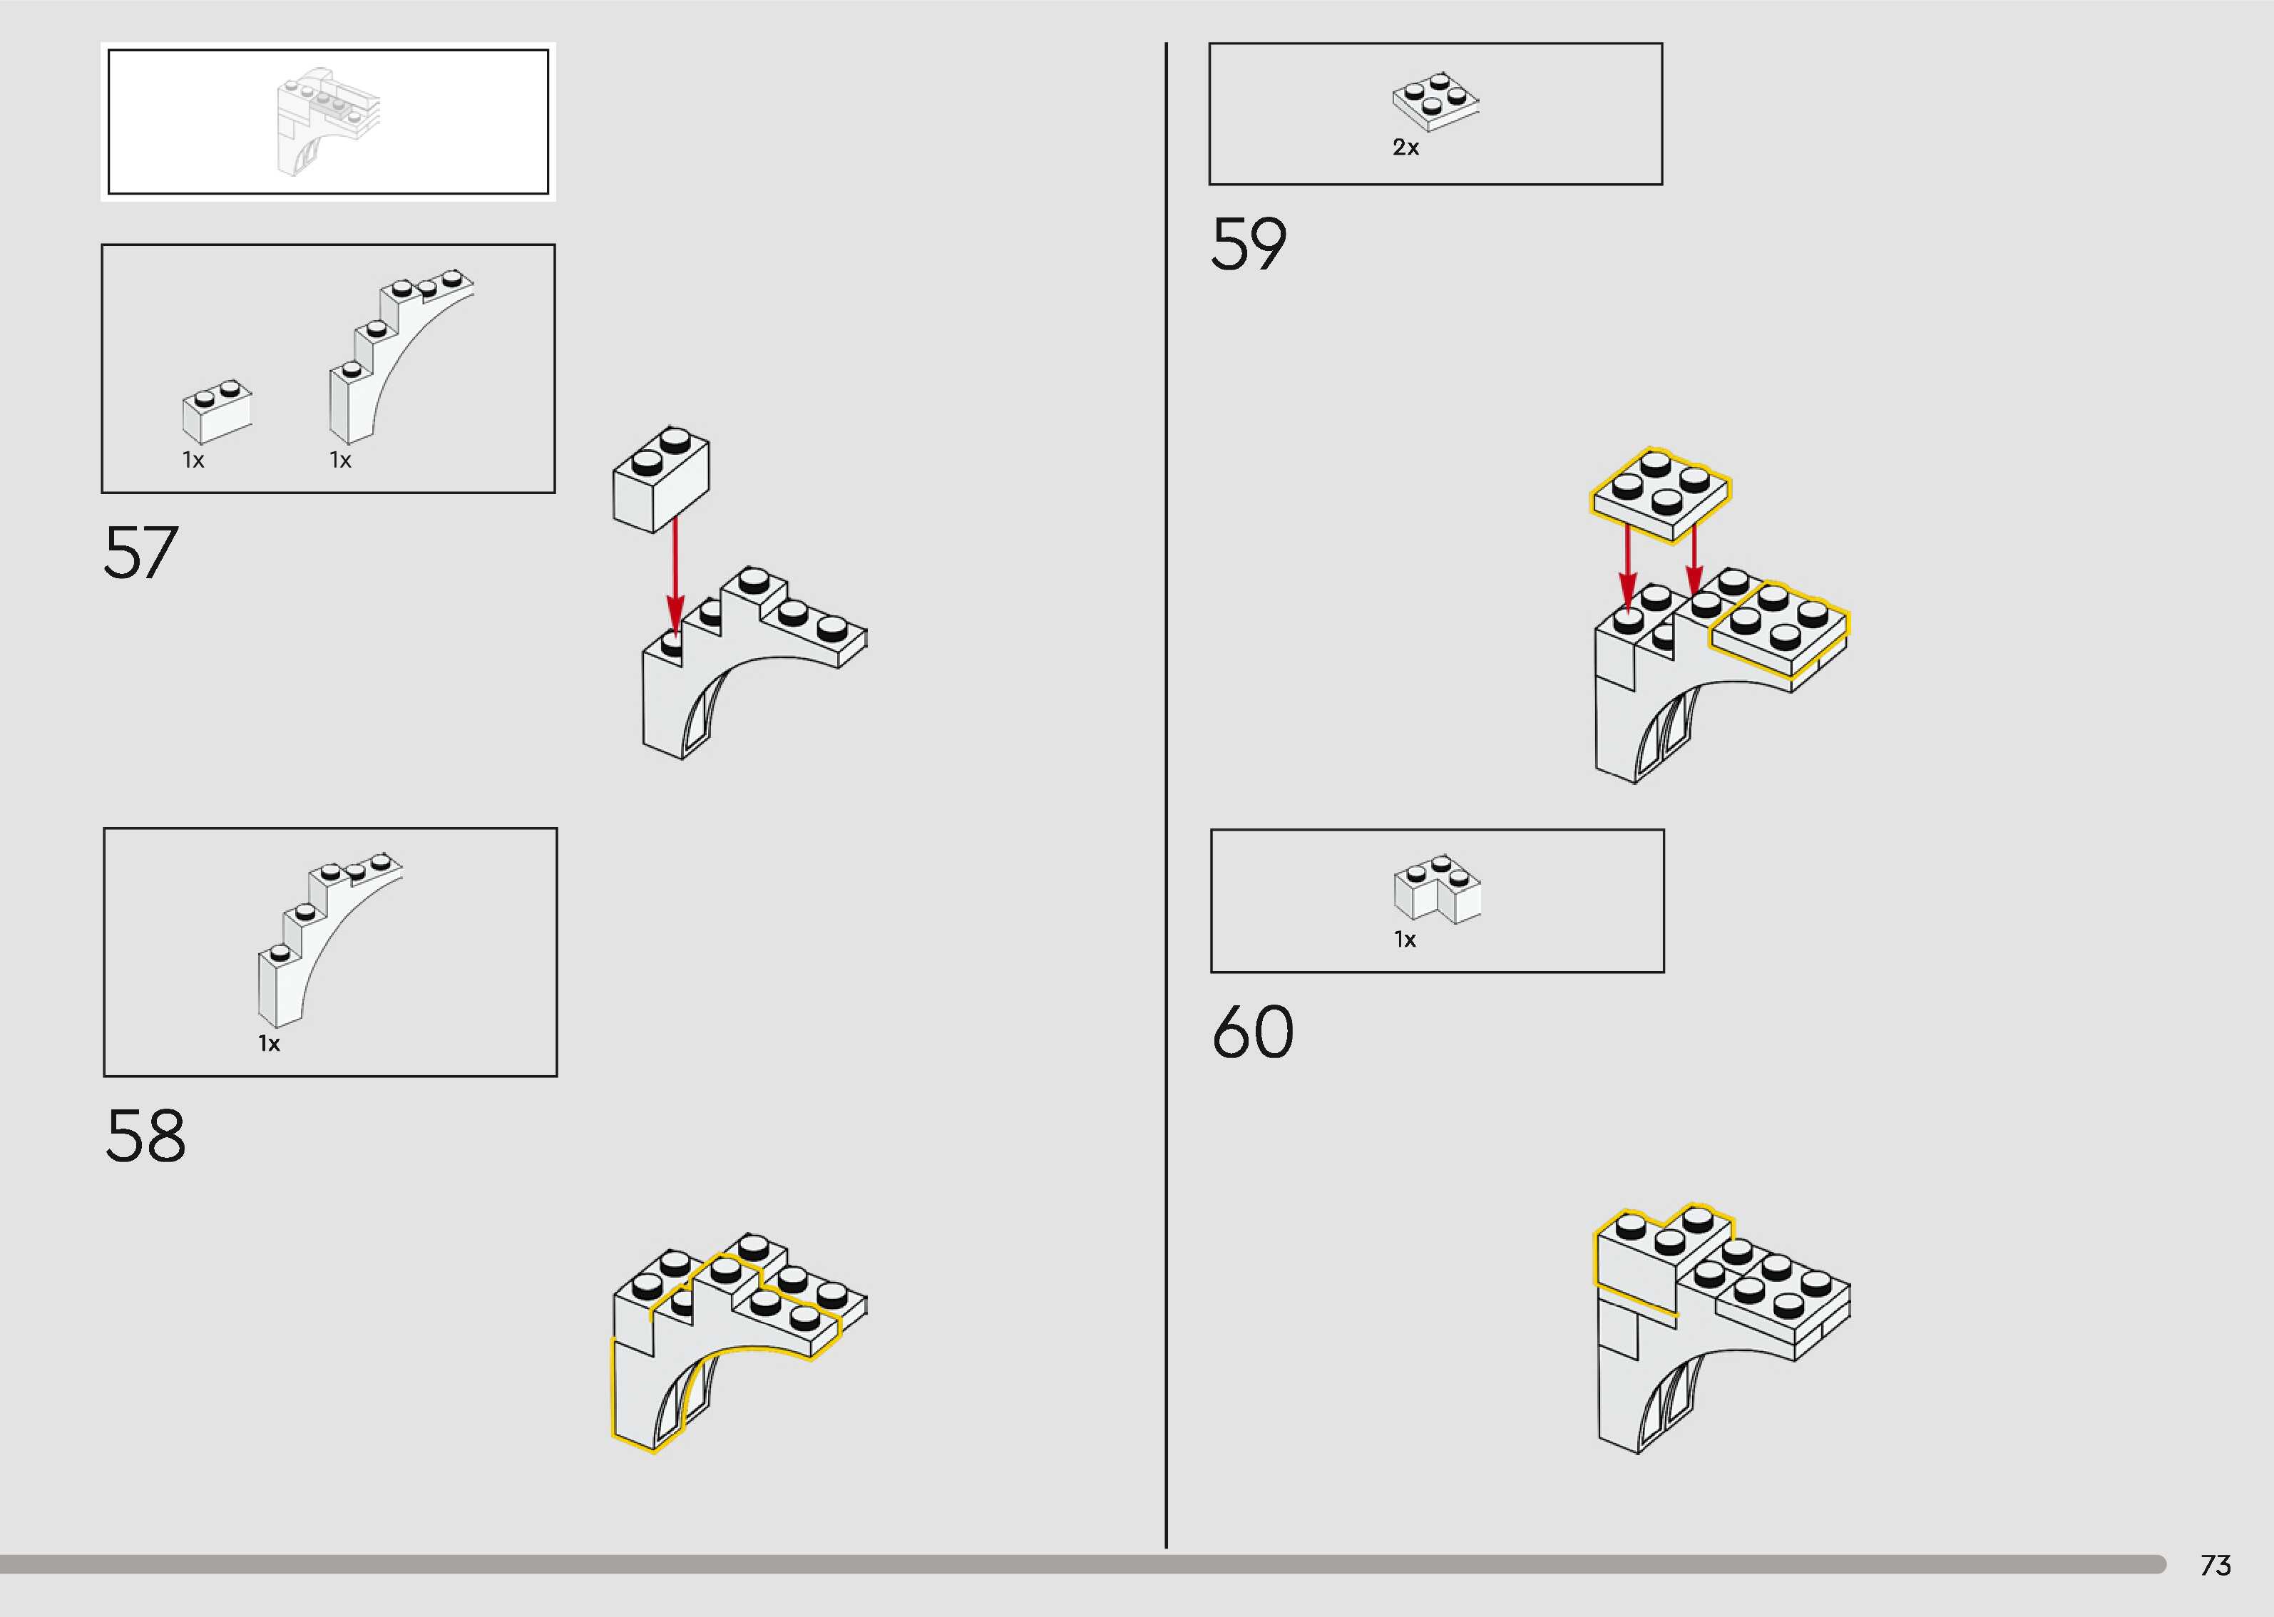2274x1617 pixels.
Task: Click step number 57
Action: pyautogui.click(x=140, y=553)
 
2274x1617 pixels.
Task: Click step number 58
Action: pyautogui.click(x=145, y=1135)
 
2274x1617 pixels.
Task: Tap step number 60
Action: pyautogui.click(x=1252, y=1032)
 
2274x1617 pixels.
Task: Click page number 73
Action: pyautogui.click(x=2216, y=1565)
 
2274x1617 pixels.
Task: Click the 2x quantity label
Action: pyautogui.click(x=1405, y=148)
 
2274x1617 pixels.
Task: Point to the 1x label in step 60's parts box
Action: pyautogui.click(x=1405, y=940)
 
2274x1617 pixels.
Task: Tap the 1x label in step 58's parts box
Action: pyautogui.click(x=269, y=1044)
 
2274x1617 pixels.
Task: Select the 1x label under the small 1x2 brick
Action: pyautogui.click(x=193, y=460)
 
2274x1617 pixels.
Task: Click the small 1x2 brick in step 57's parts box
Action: pyautogui.click(x=217, y=410)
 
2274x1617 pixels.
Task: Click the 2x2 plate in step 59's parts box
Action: pyautogui.click(x=1435, y=101)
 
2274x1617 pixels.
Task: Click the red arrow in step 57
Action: pyautogui.click(x=675, y=573)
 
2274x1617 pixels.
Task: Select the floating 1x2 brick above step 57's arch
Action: pyautogui.click(x=661, y=479)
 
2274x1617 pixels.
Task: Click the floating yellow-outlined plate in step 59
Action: pyautogui.click(x=1660, y=494)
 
